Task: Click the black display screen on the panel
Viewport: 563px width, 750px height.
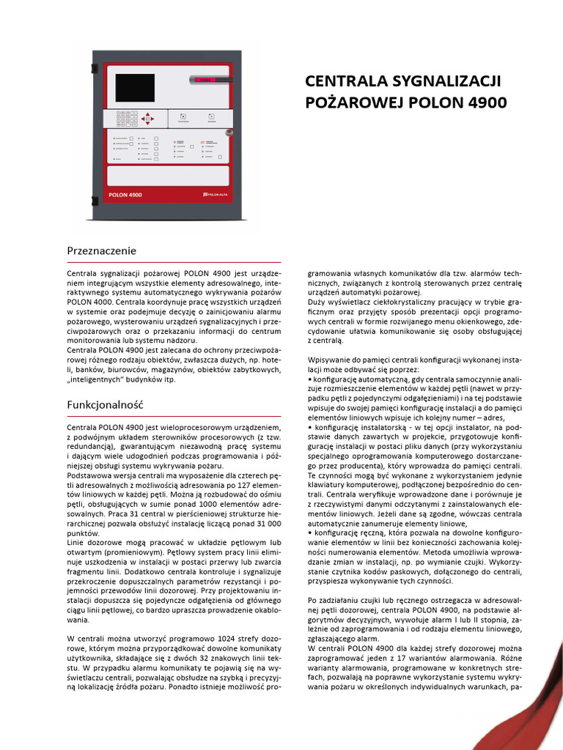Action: [x=135, y=88]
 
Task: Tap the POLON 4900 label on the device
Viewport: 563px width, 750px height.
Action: [x=125, y=195]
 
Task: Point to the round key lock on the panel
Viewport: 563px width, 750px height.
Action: [x=228, y=133]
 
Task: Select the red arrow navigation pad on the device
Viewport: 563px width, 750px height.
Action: [x=147, y=118]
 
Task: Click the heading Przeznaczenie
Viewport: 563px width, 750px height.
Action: [x=102, y=250]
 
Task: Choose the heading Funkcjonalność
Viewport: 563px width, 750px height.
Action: [x=106, y=404]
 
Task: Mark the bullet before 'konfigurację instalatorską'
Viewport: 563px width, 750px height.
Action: [x=310, y=426]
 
